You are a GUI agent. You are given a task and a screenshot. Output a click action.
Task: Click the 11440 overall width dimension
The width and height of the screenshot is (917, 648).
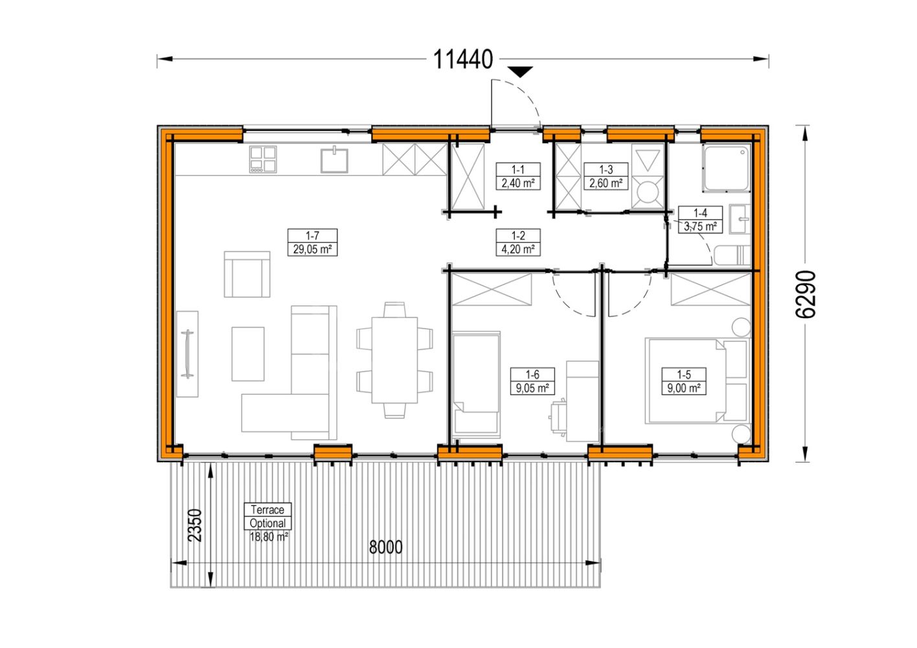462,60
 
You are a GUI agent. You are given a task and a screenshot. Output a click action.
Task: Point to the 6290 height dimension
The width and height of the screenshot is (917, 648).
805,294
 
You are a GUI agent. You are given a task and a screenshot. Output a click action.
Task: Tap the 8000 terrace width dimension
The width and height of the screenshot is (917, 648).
385,548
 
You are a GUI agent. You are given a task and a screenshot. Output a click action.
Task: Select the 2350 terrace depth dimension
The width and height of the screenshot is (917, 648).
195,525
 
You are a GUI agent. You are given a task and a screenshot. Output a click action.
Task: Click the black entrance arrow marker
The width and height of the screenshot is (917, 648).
521,72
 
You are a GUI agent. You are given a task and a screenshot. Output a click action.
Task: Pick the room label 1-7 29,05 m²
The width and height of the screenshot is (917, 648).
312,242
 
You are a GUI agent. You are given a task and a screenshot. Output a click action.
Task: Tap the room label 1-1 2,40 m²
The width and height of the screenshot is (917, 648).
518,176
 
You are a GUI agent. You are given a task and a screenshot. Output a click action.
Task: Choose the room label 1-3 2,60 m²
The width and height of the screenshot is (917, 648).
606,176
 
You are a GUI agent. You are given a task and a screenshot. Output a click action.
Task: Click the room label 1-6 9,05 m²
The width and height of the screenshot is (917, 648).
532,381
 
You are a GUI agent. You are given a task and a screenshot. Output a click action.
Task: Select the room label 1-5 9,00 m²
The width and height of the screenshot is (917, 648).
684,381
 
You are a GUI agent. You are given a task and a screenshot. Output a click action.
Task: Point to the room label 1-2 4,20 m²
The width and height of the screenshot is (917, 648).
518,242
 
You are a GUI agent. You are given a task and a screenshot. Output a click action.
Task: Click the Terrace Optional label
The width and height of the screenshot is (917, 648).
267,516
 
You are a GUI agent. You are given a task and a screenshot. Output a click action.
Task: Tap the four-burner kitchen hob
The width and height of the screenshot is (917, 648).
263,159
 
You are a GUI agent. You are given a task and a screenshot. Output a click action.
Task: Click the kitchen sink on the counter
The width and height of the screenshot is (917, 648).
334,160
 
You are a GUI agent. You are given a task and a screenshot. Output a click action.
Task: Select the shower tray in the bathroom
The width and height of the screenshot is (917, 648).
727,168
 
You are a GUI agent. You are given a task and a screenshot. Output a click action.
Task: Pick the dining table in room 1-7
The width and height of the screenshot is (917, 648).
394,360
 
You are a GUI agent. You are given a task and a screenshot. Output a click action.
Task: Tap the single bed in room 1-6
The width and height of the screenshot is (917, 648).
476,382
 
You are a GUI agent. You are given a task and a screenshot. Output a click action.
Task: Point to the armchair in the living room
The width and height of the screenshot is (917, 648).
247,274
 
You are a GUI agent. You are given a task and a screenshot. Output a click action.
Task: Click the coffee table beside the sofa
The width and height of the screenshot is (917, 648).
247,354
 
